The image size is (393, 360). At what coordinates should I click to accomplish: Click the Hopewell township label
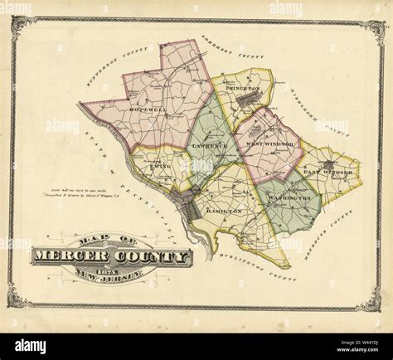click(x=148, y=109)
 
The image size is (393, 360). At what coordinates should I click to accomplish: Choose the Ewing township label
click(x=160, y=166)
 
